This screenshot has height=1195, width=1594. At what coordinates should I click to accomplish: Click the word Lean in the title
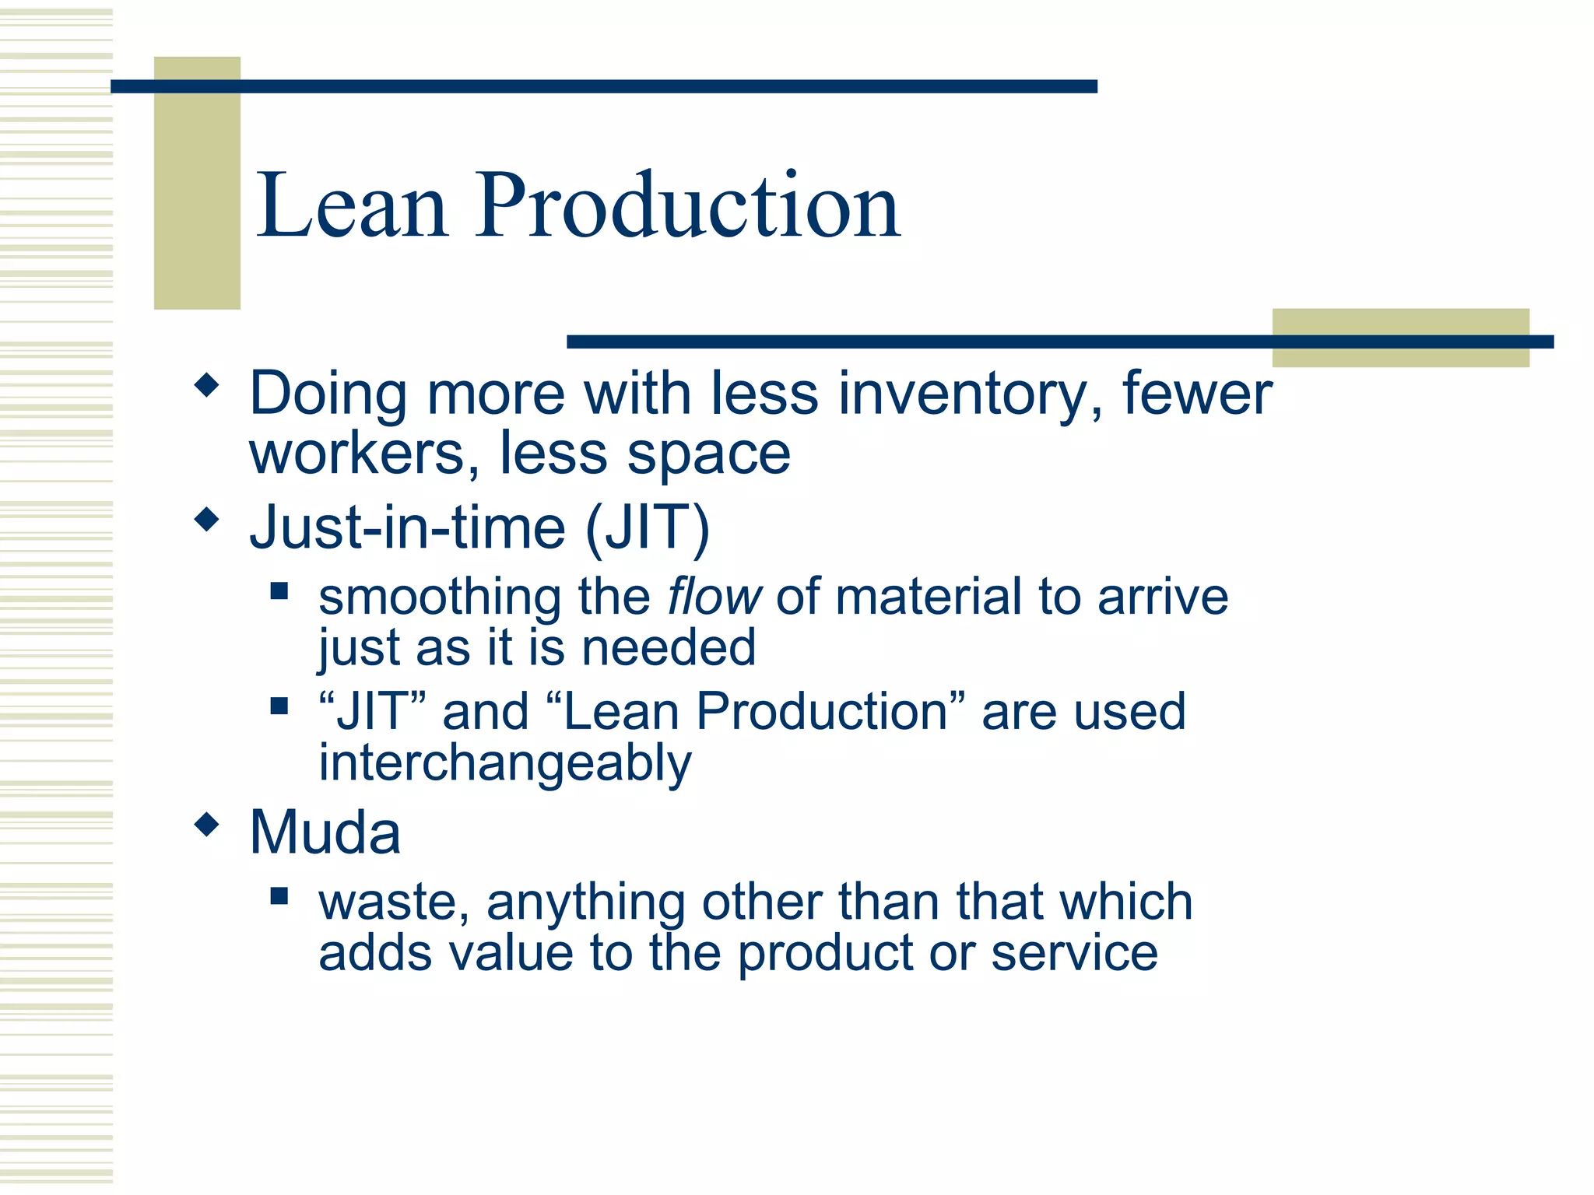(x=352, y=205)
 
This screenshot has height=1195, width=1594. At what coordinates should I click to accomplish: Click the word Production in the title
(x=689, y=205)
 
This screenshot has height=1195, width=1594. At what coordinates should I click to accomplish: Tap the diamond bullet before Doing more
(x=206, y=384)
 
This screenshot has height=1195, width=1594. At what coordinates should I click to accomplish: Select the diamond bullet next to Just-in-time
(x=206, y=519)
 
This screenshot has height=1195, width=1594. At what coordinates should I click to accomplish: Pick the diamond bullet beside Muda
(x=206, y=824)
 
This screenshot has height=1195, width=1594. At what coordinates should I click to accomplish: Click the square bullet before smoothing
(x=279, y=591)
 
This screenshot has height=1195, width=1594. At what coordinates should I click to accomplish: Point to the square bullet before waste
(x=279, y=896)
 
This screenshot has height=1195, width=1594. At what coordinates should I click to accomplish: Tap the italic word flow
(x=714, y=597)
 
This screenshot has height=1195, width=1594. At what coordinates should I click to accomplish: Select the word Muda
(x=325, y=832)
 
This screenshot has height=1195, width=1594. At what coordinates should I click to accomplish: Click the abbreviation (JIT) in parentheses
(x=647, y=528)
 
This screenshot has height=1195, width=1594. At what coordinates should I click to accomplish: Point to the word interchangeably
(x=504, y=764)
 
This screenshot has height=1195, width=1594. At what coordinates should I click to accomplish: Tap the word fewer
(x=1196, y=394)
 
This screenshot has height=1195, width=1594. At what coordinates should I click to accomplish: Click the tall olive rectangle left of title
(x=197, y=183)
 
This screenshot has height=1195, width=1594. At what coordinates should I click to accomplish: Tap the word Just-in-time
(x=407, y=528)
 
